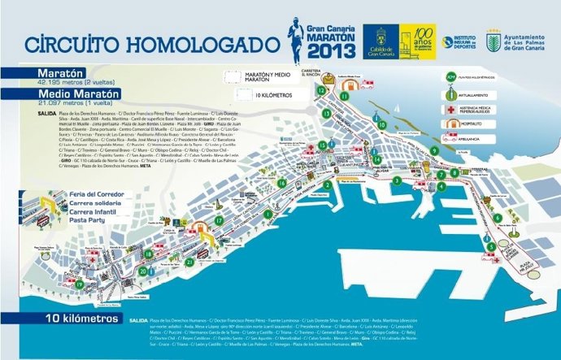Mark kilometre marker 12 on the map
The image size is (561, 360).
[x=322, y=91]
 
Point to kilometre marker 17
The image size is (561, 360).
[x=220, y=220]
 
